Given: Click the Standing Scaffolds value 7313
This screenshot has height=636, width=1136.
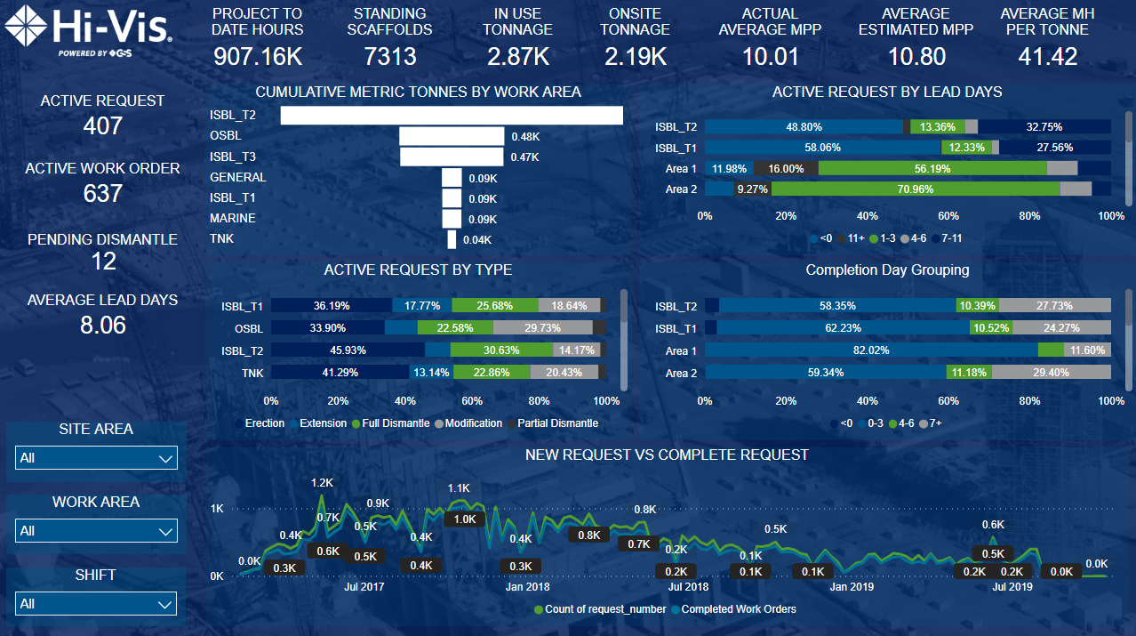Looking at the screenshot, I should click(x=390, y=57).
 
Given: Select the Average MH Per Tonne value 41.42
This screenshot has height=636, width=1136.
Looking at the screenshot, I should click(x=1047, y=57).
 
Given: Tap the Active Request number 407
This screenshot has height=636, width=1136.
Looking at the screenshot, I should click(x=102, y=126).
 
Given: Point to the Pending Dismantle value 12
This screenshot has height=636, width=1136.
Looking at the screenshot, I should click(x=103, y=262).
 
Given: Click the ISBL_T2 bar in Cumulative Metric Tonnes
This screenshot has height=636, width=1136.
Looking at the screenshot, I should click(x=452, y=116).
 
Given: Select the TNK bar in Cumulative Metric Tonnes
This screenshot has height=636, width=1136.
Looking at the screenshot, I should click(x=452, y=239).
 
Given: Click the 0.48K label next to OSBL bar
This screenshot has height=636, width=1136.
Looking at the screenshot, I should click(x=525, y=137).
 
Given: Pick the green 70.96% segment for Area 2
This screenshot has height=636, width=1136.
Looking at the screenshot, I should click(x=916, y=189).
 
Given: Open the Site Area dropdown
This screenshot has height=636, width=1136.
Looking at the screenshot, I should click(x=96, y=458).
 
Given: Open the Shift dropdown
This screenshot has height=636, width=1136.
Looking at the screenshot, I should click(x=96, y=604).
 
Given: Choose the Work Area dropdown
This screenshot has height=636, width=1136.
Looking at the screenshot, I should click(x=96, y=531).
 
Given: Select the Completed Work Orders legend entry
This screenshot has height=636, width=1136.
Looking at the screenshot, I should click(x=738, y=609).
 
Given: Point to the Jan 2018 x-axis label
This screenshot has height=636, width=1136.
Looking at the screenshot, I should click(x=527, y=587).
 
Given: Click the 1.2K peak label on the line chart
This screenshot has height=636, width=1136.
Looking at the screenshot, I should click(x=322, y=483).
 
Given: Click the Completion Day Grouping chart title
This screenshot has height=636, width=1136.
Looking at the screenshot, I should click(x=887, y=270).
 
